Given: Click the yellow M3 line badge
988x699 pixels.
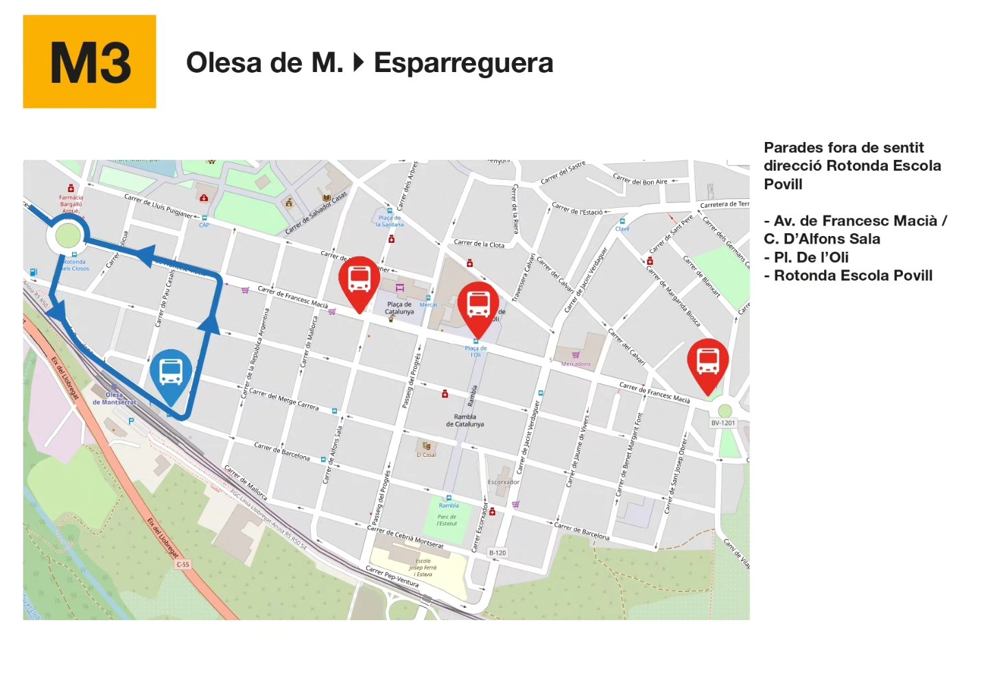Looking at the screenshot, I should pos(89,62).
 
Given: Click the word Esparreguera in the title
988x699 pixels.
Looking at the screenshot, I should pos(463,63).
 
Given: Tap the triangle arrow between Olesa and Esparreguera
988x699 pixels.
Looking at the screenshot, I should pos(358,63).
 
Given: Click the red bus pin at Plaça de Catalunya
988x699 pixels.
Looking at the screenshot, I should pos(359,280).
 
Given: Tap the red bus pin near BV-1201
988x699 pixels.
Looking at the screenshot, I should pos(707,362).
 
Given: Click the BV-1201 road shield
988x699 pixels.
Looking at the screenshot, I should pos(722,423).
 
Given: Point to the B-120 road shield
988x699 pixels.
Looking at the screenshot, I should pos(497,552).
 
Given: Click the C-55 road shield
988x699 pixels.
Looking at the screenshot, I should pos(183,564).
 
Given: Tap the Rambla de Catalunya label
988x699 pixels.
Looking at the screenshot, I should pos(464,420).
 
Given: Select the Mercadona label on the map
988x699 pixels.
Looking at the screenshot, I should pos(576,364).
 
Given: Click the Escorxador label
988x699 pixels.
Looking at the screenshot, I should pos(503,482).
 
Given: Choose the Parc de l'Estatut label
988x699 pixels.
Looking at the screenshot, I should pos(447,520).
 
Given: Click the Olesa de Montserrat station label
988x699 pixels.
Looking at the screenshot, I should pos(114,399).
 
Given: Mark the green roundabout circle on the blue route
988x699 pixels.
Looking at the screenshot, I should pos(67,236).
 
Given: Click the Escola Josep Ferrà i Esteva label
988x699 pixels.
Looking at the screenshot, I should pos(423,567).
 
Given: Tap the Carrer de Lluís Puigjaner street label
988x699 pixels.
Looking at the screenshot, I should pos(158,206).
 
